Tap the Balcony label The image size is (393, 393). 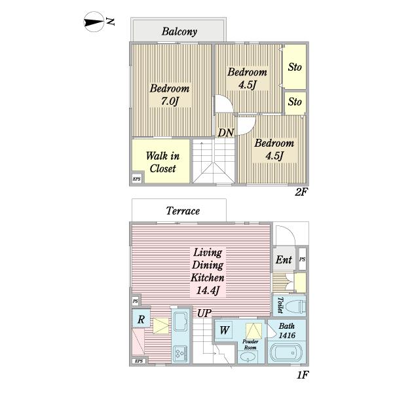tap(179, 31)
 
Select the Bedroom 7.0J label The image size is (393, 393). tap(170, 95)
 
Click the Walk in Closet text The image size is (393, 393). tap(162, 162)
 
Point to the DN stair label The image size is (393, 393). tap(225, 132)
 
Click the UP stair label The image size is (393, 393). tap(204, 313)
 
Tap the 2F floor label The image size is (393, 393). tap(301, 192)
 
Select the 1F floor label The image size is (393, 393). tap(303, 375)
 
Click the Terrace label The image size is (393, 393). tap(183, 211)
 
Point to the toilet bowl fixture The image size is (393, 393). tap(295, 307)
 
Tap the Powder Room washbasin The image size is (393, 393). tap(248, 356)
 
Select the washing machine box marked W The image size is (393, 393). tap(224, 330)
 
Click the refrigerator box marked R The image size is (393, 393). tap(141, 319)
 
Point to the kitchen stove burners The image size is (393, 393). tap(180, 353)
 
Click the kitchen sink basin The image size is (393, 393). tap(181, 321)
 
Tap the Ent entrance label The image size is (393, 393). tap(284, 259)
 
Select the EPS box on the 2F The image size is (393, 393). tap(137, 179)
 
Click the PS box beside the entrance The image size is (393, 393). tap(302, 259)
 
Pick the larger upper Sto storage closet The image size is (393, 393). tap(295, 67)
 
